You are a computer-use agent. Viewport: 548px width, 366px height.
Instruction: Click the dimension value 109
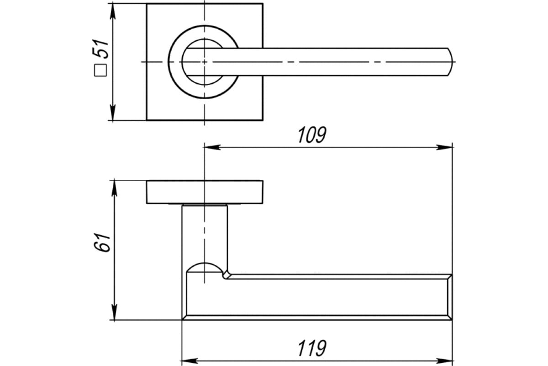[x=312, y=135]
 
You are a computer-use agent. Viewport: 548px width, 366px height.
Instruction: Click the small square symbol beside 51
[x=100, y=70]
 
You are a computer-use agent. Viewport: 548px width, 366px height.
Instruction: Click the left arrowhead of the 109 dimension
[x=210, y=147]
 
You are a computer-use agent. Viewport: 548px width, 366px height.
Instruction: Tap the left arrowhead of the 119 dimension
[x=188, y=359]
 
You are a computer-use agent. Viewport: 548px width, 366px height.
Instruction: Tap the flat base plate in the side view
[x=204, y=192]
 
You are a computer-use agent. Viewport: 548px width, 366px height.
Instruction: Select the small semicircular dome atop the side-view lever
[x=204, y=267]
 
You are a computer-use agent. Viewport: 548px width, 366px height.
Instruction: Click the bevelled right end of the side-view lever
[x=449, y=296]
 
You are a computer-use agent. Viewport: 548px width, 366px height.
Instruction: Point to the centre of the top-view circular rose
[x=204, y=61]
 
